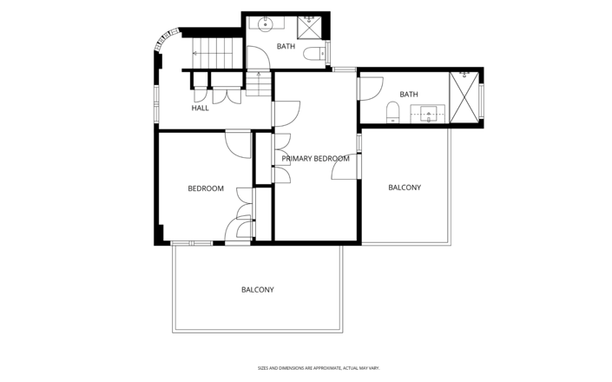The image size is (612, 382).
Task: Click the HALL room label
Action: click(200, 108)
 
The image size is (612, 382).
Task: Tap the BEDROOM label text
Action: click(206, 188)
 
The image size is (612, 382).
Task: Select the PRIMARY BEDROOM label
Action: click(315, 158)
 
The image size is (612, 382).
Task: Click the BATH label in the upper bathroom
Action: click(286, 46)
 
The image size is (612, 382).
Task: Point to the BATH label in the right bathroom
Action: click(409, 95)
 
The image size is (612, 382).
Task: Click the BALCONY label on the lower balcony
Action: click(258, 289)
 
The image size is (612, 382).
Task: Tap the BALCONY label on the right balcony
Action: click(405, 188)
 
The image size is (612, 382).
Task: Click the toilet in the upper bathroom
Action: click(314, 54)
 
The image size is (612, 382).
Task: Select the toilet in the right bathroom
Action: click(392, 112)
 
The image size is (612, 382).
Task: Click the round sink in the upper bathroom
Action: click(266, 23)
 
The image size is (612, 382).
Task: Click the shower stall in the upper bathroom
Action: click(309, 27)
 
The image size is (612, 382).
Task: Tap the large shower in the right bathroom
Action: click(464, 97)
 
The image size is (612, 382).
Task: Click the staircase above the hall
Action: click(212, 53)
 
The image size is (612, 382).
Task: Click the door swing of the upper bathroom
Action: click(259, 57)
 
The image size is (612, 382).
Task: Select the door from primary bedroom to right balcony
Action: click(345, 167)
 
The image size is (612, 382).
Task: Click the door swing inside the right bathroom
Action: click(372, 89)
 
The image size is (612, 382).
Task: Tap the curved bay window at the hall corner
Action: click(165, 38)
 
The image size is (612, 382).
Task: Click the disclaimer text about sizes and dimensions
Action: click(319, 368)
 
